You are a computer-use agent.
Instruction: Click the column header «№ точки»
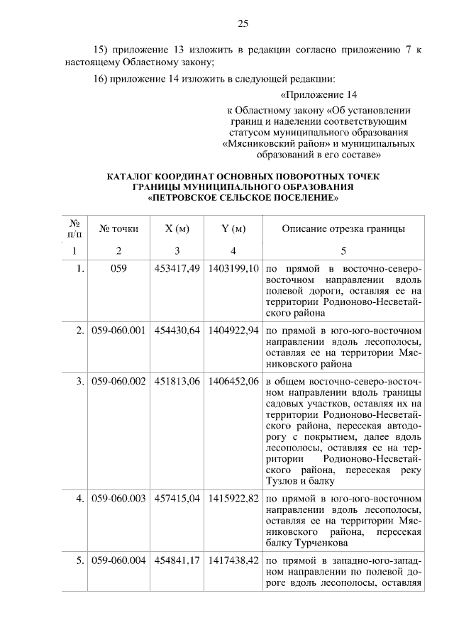click(118, 228)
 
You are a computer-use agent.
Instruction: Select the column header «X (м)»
click(177, 228)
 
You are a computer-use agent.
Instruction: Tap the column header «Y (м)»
click(233, 228)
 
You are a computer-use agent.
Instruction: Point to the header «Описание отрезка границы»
click(343, 228)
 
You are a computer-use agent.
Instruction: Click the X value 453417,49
click(177, 270)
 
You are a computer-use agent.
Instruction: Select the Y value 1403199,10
click(233, 270)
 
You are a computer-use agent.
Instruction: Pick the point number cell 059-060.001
click(118, 331)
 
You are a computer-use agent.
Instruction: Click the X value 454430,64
click(177, 331)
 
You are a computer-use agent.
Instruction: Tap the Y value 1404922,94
click(233, 331)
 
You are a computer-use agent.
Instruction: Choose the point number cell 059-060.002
click(118, 382)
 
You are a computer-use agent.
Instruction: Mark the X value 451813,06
click(177, 382)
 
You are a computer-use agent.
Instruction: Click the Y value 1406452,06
click(233, 382)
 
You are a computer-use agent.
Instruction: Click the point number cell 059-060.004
click(118, 560)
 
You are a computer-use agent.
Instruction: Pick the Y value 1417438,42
click(233, 560)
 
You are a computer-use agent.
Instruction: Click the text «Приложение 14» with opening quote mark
click(318, 94)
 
